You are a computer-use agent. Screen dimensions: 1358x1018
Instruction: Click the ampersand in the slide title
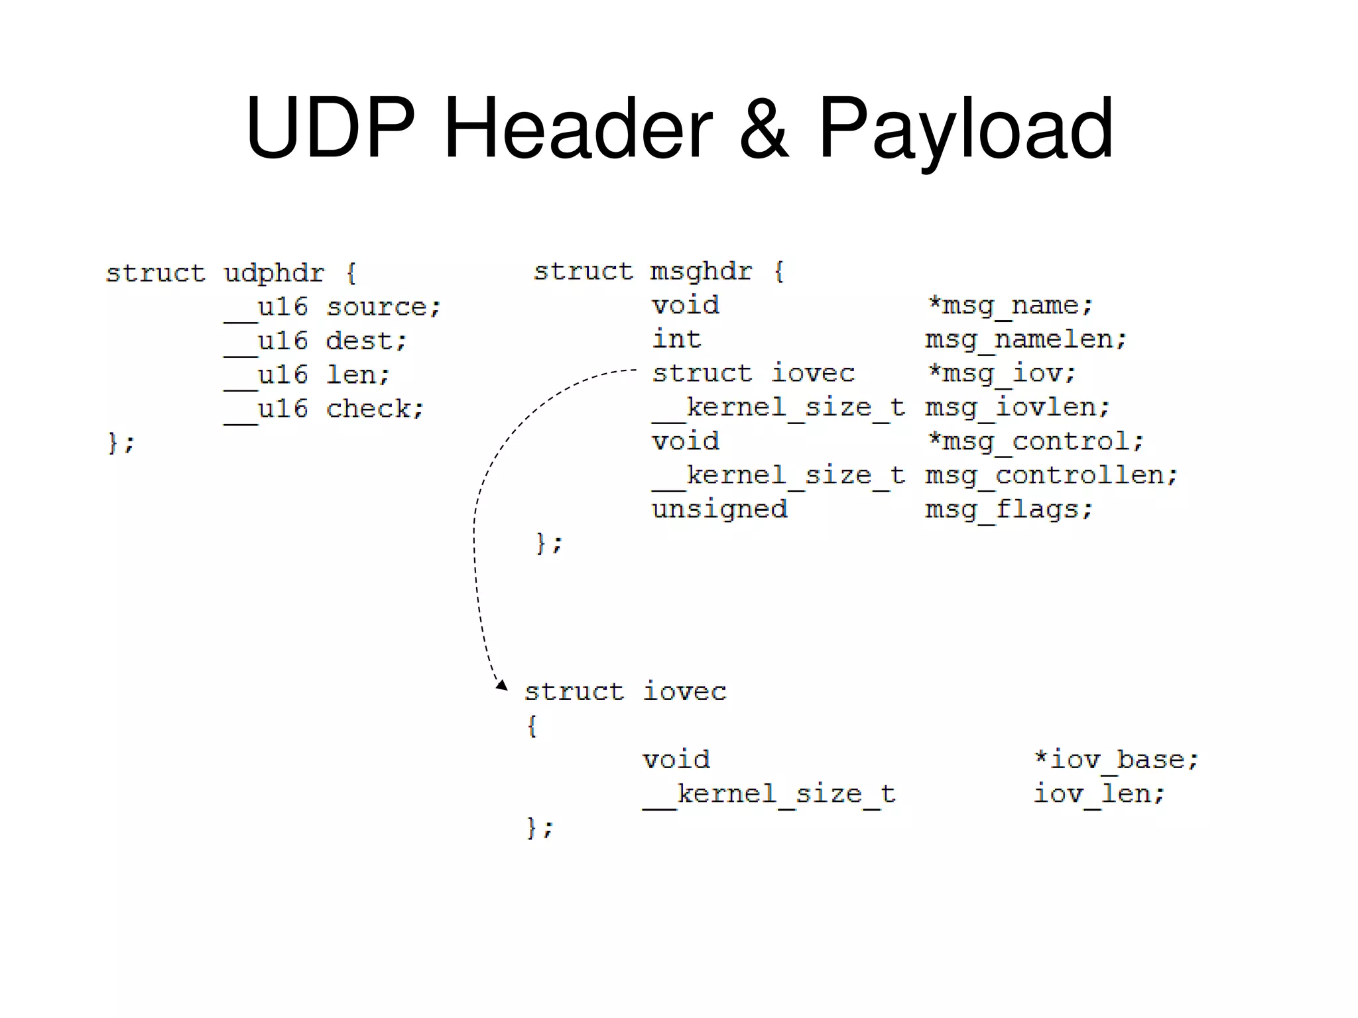coord(764,129)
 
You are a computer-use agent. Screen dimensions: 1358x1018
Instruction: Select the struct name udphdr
coord(274,273)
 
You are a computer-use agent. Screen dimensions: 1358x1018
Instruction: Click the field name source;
coord(383,308)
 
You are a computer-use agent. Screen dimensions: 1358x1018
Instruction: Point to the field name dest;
coord(366,341)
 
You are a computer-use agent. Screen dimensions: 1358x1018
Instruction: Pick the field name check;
coord(375,409)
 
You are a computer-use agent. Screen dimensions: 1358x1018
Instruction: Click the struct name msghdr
coord(701,271)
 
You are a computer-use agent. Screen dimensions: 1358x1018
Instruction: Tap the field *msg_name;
coord(1009,306)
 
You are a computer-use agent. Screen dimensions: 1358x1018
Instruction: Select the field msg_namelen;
coord(1025,340)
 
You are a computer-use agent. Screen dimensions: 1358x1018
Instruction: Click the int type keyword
coord(676,339)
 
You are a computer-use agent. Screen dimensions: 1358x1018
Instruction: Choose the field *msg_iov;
coord(1001,374)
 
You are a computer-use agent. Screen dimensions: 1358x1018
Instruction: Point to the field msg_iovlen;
coord(1017,408)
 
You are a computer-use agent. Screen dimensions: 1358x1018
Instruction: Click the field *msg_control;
coord(1035,441)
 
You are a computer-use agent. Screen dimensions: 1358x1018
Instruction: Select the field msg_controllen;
coord(1051,476)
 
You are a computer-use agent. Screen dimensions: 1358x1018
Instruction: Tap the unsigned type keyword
coord(719,510)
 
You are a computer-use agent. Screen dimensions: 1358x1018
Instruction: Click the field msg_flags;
coord(1009,510)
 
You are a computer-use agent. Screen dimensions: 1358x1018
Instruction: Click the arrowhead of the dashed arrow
coord(502,685)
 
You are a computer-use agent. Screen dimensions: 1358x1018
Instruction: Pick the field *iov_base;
coord(1116,760)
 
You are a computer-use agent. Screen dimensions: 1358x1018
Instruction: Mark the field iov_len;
coord(1099,793)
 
